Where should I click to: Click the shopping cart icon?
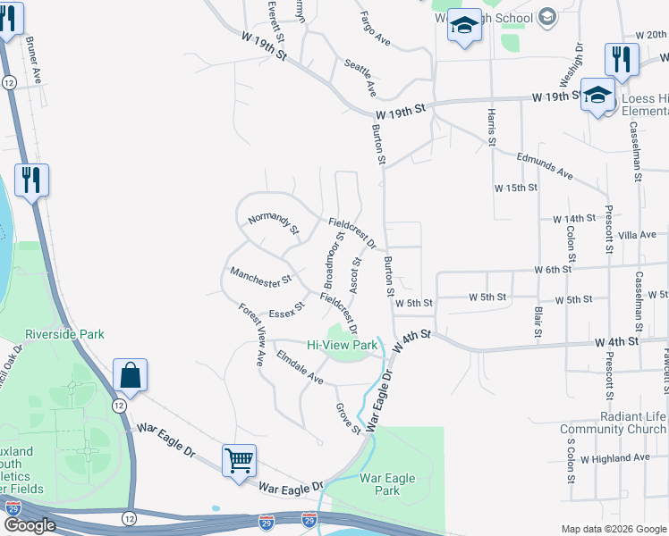pos(239,461)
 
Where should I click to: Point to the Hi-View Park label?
pos(342,345)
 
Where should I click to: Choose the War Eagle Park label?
pos(386,485)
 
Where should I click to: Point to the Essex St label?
pos(286,309)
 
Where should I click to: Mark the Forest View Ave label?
pos(251,335)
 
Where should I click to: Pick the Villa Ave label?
pos(637,235)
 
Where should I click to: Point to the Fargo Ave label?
pos(375,28)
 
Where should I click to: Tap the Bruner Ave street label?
pos(34,60)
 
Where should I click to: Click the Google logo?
pos(30,525)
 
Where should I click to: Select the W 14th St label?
pos(573,219)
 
